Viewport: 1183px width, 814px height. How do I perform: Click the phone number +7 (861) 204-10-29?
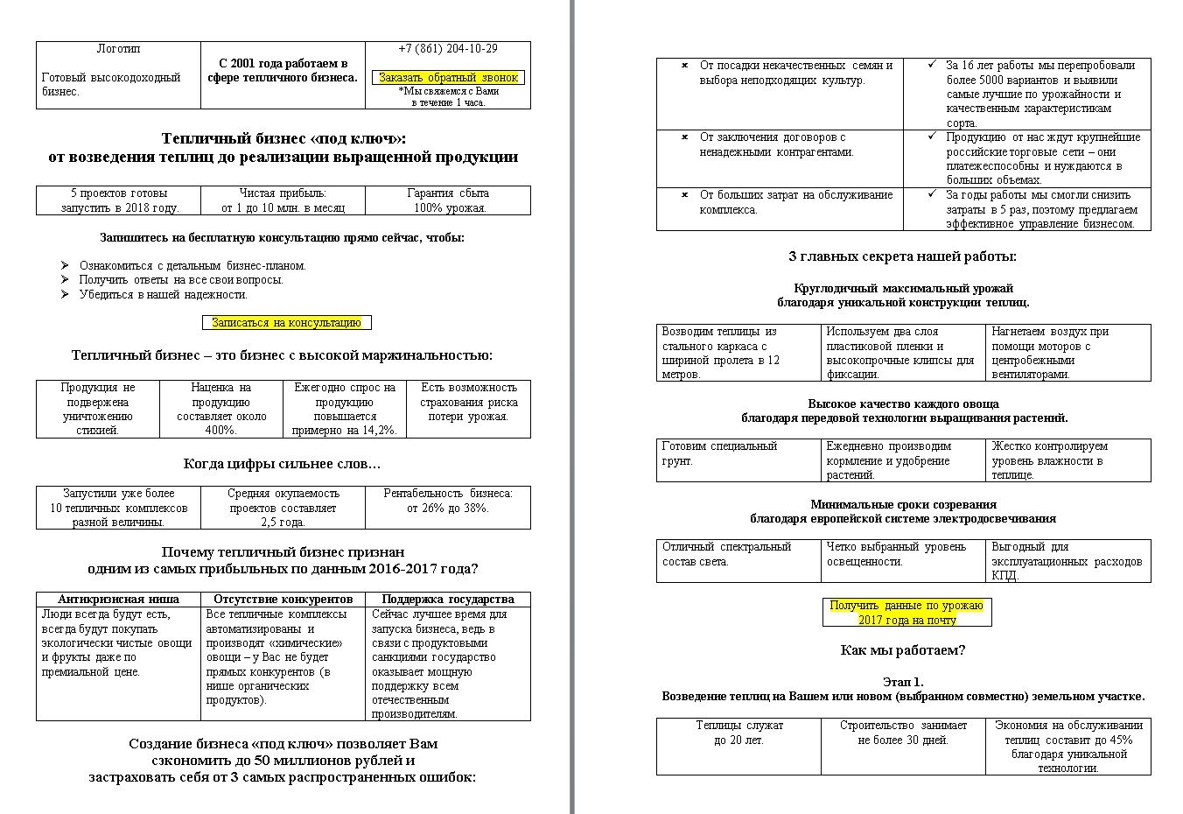point(447,49)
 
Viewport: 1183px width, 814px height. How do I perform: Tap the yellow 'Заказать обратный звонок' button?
point(448,78)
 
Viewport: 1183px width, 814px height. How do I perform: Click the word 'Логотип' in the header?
point(118,49)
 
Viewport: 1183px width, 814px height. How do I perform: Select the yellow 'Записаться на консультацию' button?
point(286,323)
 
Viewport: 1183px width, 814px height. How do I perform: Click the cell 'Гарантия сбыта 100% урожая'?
point(447,200)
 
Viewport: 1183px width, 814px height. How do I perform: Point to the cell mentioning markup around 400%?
point(221,409)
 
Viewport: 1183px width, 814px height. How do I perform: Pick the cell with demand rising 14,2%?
point(345,409)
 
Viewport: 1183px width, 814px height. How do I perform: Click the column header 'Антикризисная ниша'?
point(118,600)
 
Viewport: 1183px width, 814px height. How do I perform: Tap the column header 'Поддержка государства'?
point(447,600)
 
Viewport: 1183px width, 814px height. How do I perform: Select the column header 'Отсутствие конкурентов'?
point(283,600)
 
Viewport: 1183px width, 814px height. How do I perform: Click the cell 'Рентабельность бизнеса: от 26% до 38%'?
point(447,501)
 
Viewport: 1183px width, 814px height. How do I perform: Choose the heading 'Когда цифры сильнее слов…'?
point(282,464)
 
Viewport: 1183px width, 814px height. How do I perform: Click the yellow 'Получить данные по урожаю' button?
point(906,613)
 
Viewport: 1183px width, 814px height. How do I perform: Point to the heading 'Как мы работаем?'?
point(903,650)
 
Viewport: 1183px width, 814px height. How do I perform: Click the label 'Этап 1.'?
point(903,682)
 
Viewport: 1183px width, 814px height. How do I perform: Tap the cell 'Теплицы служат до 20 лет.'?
point(739,733)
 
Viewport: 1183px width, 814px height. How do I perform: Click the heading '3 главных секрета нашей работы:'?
point(903,256)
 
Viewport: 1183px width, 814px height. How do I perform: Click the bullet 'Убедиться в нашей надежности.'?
point(164,295)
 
